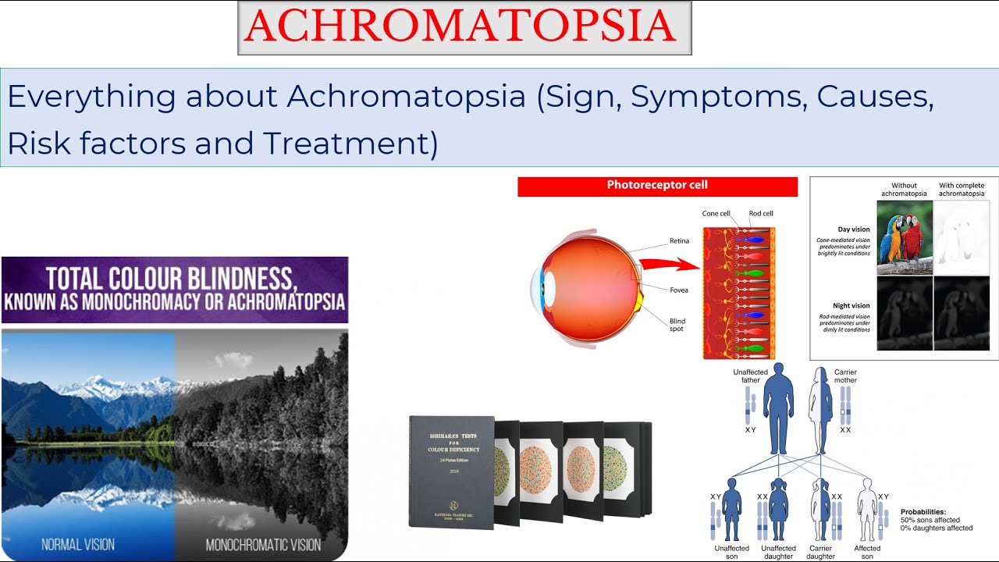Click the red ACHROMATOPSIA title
point(464,27)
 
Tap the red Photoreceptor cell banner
point(657,186)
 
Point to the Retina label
point(679,241)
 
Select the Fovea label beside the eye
point(678,290)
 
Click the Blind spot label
point(677,324)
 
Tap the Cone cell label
point(716,213)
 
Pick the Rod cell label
point(760,213)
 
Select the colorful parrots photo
point(904,237)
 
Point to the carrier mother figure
point(819,409)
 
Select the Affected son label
point(866,552)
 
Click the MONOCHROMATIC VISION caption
point(263,543)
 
